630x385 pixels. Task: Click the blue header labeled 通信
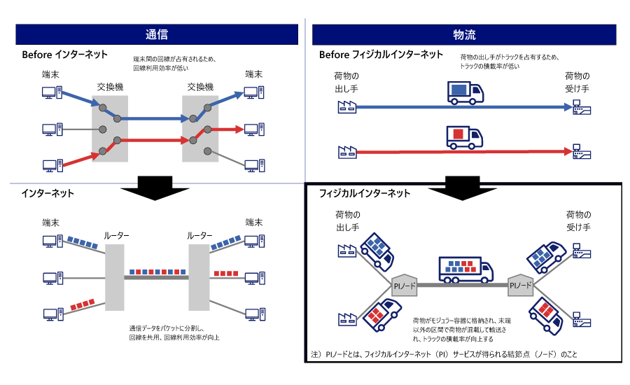click(x=157, y=35)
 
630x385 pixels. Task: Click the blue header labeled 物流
click(x=464, y=35)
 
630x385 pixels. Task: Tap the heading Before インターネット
click(x=64, y=55)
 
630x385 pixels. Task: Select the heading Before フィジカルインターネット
click(x=381, y=55)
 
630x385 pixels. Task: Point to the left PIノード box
click(x=402, y=285)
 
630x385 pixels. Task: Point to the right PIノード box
click(x=521, y=285)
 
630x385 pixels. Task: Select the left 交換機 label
click(x=109, y=87)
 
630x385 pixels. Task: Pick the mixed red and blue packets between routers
click(x=157, y=270)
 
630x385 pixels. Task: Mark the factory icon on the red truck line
click(x=346, y=150)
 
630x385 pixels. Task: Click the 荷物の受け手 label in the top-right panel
click(x=578, y=82)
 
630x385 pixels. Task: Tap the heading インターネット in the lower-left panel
click(x=48, y=192)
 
